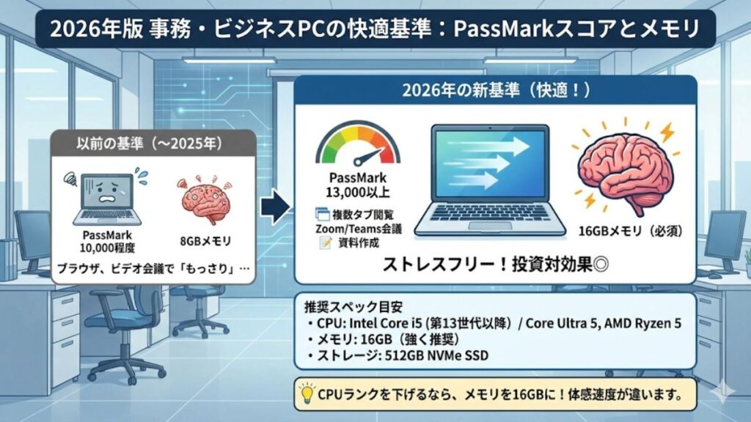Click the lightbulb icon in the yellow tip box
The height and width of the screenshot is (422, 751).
tap(307, 394)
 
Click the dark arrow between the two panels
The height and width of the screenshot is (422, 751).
tap(274, 208)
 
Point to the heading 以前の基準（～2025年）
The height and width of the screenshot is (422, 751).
tap(154, 142)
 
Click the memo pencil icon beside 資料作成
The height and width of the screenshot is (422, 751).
tap(320, 243)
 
